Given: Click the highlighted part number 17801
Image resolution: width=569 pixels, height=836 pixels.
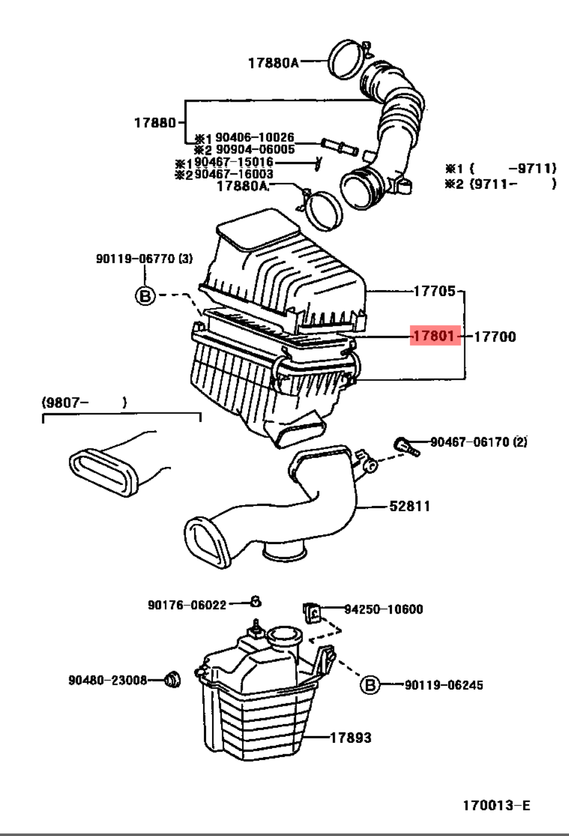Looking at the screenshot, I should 435,337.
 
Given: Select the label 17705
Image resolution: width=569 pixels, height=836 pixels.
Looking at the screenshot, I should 434,291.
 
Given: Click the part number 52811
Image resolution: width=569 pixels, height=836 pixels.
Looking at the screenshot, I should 409,507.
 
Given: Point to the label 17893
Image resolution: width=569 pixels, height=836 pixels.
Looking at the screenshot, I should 351,738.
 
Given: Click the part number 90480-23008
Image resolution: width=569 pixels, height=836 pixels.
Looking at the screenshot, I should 108,680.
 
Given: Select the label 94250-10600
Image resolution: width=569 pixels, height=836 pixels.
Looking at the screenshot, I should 383,609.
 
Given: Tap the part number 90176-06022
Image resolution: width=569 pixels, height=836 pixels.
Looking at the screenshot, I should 187,605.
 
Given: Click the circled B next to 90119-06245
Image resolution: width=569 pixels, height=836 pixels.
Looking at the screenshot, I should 370,685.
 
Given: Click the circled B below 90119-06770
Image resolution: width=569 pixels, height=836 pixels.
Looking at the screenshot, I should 145,295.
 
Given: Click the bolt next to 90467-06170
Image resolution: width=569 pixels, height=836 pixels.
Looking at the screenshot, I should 407,446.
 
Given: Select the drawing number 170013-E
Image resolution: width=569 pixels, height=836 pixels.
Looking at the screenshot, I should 496,806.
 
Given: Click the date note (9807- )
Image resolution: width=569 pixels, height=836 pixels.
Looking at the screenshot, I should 84,402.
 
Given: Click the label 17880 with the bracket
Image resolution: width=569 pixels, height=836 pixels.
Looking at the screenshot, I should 155,123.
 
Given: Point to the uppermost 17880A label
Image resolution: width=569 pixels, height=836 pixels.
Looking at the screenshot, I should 273,62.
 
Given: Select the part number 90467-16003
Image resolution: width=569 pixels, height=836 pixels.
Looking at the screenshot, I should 233,174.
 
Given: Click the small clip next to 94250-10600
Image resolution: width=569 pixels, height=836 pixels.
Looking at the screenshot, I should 313,612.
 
